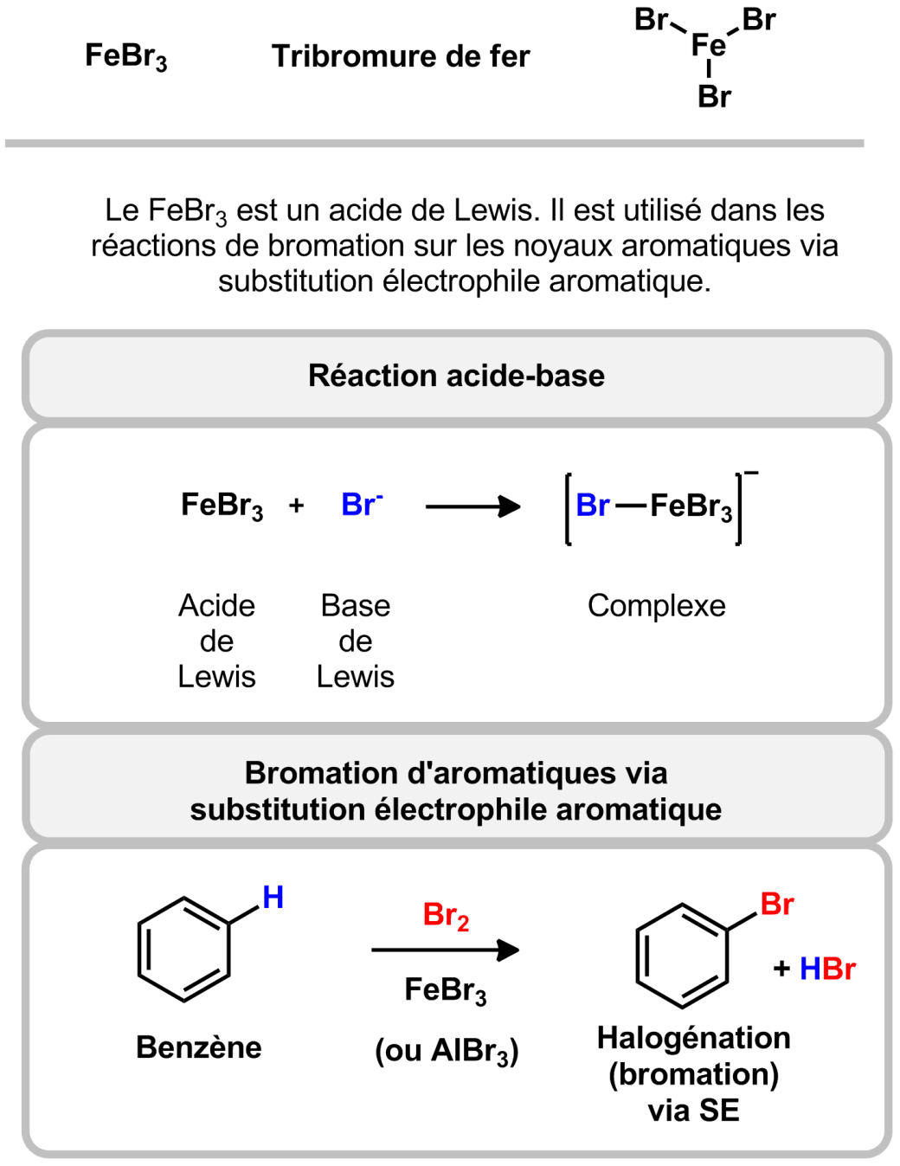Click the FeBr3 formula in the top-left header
[125, 56]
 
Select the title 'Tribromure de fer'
[401, 56]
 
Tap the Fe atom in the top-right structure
[708, 45]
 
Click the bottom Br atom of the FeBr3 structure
[714, 97]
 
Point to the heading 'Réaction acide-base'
[456, 376]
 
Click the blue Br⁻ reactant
[362, 505]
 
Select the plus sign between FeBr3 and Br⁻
[296, 506]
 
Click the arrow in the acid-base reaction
[472, 506]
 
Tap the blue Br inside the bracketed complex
[593, 506]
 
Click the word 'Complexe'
[656, 606]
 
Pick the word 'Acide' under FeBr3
[216, 606]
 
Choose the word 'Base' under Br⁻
[355, 606]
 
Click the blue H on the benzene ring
[273, 898]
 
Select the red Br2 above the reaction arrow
[446, 915]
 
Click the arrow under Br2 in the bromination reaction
[445, 950]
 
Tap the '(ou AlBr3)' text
[447, 1051]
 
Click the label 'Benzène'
[198, 1047]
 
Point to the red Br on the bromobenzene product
[776, 905]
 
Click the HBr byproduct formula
[826, 969]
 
